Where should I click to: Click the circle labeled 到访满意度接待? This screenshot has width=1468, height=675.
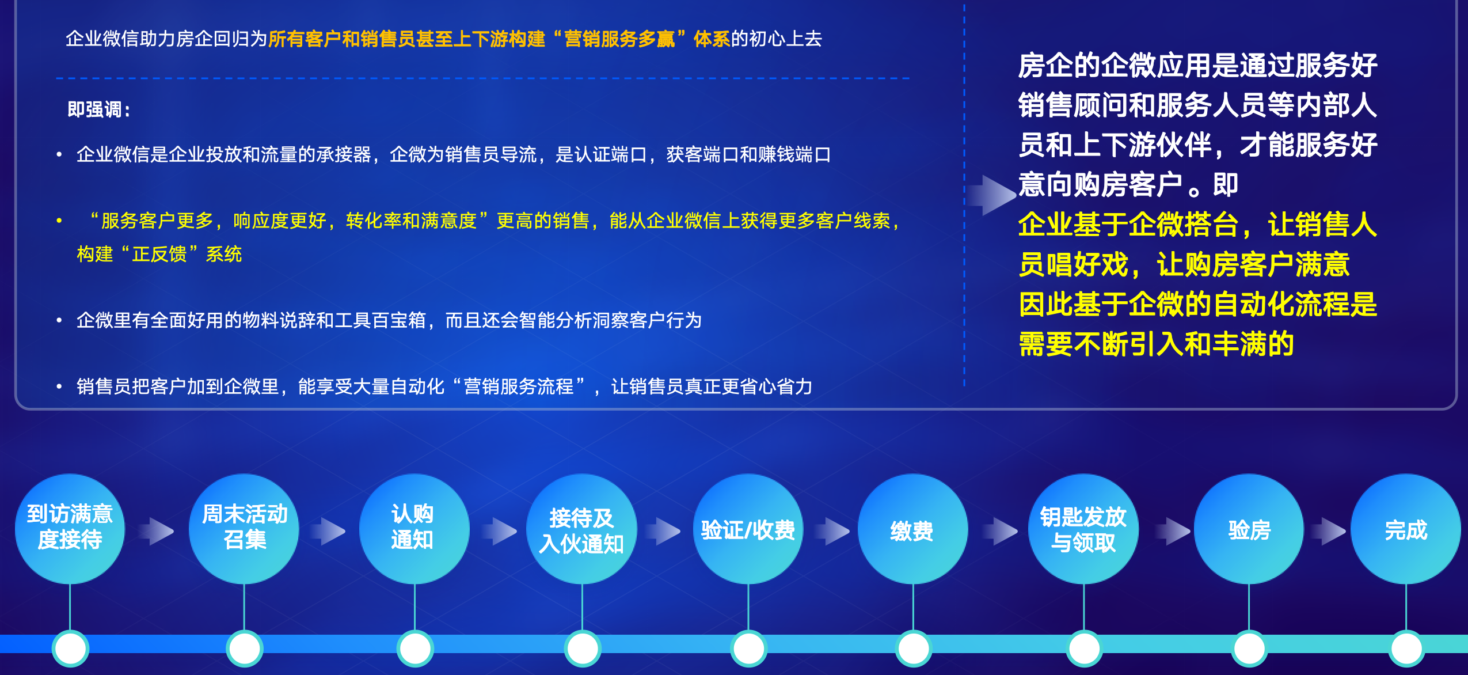[x=70, y=528]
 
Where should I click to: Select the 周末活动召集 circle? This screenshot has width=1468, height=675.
[x=244, y=528]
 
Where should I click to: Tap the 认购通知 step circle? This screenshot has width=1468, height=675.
[x=414, y=528]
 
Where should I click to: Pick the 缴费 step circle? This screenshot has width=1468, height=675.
[x=912, y=529]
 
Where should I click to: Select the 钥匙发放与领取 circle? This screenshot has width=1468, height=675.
[x=1083, y=529]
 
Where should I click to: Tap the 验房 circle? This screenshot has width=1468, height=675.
[x=1249, y=529]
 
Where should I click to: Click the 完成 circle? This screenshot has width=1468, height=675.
[x=1406, y=529]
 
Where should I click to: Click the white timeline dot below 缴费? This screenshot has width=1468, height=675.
[x=913, y=648]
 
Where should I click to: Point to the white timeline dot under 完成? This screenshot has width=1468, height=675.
[x=1406, y=648]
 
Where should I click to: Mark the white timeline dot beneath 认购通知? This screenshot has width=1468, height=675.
[x=414, y=648]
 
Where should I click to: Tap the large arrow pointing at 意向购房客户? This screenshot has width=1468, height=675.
[x=991, y=195]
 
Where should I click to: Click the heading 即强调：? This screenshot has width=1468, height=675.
[x=99, y=109]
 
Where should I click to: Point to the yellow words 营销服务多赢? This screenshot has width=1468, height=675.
[x=619, y=39]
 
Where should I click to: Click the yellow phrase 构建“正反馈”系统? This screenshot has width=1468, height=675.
[x=159, y=254]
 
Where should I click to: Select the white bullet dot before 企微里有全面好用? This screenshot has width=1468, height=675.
[x=59, y=320]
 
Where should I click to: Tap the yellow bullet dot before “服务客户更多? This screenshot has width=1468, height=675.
[x=59, y=221]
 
